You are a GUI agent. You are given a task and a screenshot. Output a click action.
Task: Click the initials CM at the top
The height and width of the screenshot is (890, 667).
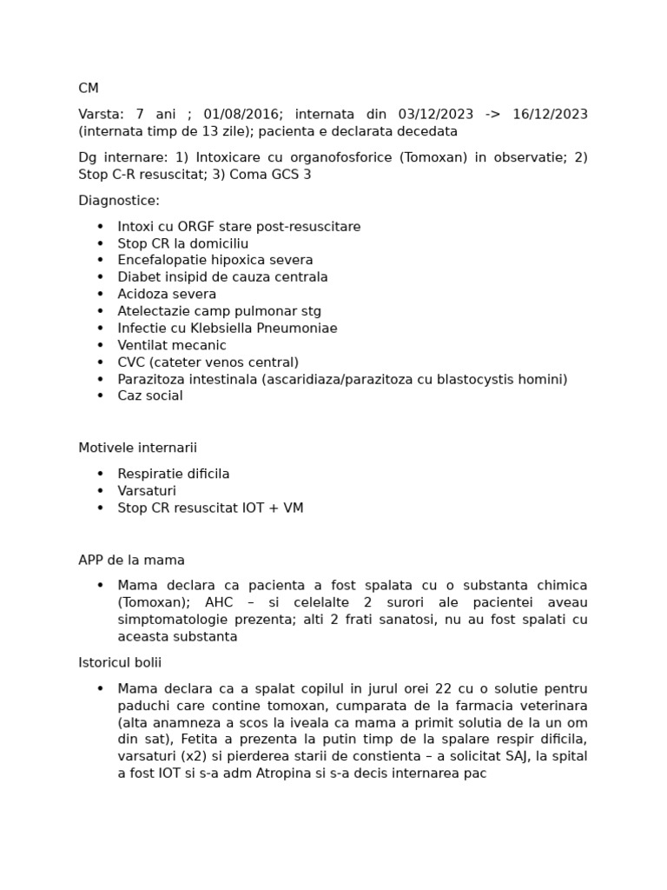click(89, 88)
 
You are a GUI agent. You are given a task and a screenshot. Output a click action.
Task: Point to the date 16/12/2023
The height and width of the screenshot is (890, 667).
click(550, 114)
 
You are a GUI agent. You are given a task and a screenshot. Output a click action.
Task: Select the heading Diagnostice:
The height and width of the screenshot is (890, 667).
click(119, 200)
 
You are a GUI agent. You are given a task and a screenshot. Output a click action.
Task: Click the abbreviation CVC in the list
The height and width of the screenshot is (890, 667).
click(132, 362)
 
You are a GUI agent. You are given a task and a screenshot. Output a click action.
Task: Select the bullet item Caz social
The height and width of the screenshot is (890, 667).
click(150, 395)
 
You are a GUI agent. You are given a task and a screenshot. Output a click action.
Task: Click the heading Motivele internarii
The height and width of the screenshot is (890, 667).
click(137, 448)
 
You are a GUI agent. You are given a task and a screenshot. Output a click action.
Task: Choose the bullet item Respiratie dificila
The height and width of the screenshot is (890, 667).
click(174, 474)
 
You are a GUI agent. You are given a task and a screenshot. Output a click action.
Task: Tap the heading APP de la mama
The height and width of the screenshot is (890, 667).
click(131, 560)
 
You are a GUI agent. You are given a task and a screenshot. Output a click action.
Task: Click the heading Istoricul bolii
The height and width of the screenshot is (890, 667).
click(120, 662)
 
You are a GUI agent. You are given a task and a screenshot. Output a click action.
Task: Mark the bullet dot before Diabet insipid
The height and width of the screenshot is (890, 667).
click(100, 277)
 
